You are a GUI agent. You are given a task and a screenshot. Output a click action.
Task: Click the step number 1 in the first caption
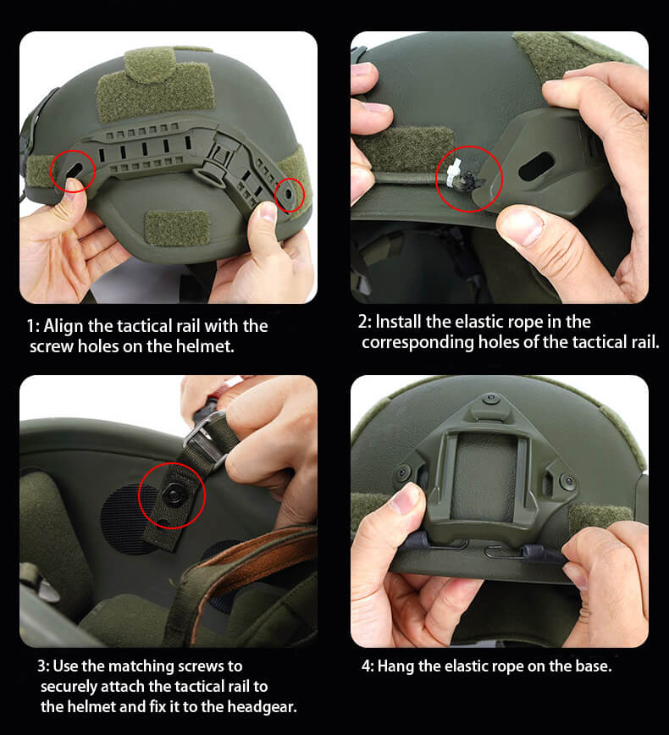pyautogui.click(x=31, y=326)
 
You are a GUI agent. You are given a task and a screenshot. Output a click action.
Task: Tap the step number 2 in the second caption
pyautogui.click(x=363, y=322)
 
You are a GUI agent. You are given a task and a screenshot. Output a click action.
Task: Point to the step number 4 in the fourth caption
pyautogui.click(x=366, y=666)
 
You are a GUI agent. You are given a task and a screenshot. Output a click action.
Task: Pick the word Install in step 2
pyautogui.click(x=399, y=322)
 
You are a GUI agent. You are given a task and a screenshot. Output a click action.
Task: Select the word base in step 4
pyautogui.click(x=590, y=666)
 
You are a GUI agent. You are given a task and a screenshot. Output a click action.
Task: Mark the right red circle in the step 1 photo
pyautogui.click(x=290, y=195)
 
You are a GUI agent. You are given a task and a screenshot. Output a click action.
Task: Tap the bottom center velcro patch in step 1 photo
pyautogui.click(x=177, y=228)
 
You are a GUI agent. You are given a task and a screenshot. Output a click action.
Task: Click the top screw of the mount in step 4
pyautogui.click(x=489, y=397)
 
